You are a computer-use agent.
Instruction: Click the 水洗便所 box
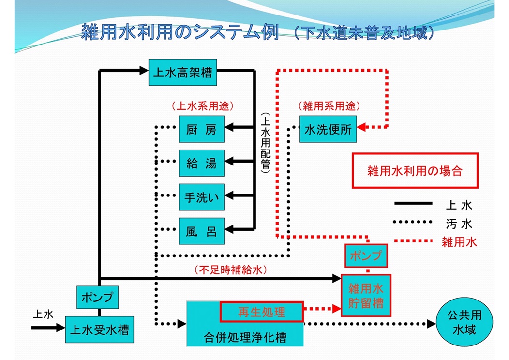click(328, 129)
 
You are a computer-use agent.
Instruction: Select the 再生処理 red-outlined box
click(262, 312)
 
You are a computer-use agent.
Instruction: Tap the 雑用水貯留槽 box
click(366, 296)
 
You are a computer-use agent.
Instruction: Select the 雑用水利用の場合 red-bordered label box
click(415, 171)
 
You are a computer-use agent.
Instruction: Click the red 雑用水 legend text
click(459, 242)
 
